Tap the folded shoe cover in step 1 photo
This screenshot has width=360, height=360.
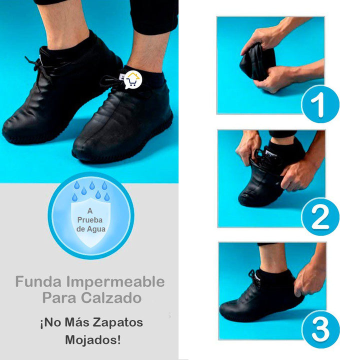[256, 62]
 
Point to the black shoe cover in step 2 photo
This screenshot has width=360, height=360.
[260, 185]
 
